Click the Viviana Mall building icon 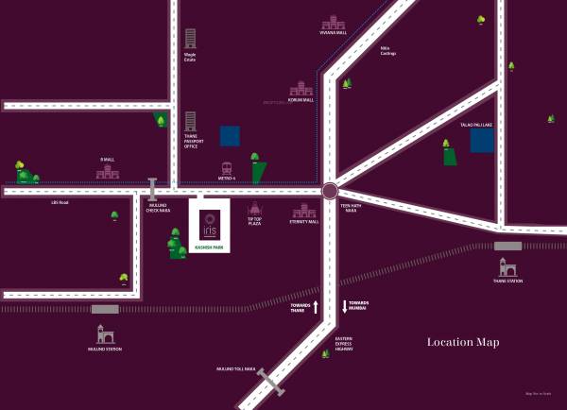point(334,23)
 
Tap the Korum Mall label point(300,99)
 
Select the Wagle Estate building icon point(190,39)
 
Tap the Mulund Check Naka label point(158,208)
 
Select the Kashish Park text point(209,248)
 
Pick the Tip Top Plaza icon point(254,210)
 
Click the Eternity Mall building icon point(304,211)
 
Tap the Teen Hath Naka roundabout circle point(330,192)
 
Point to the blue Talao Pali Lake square point(482,141)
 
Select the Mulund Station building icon point(105,333)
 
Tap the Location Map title point(462,342)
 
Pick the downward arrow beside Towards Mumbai point(345,307)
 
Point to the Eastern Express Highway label point(345,344)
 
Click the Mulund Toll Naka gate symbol point(270,381)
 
